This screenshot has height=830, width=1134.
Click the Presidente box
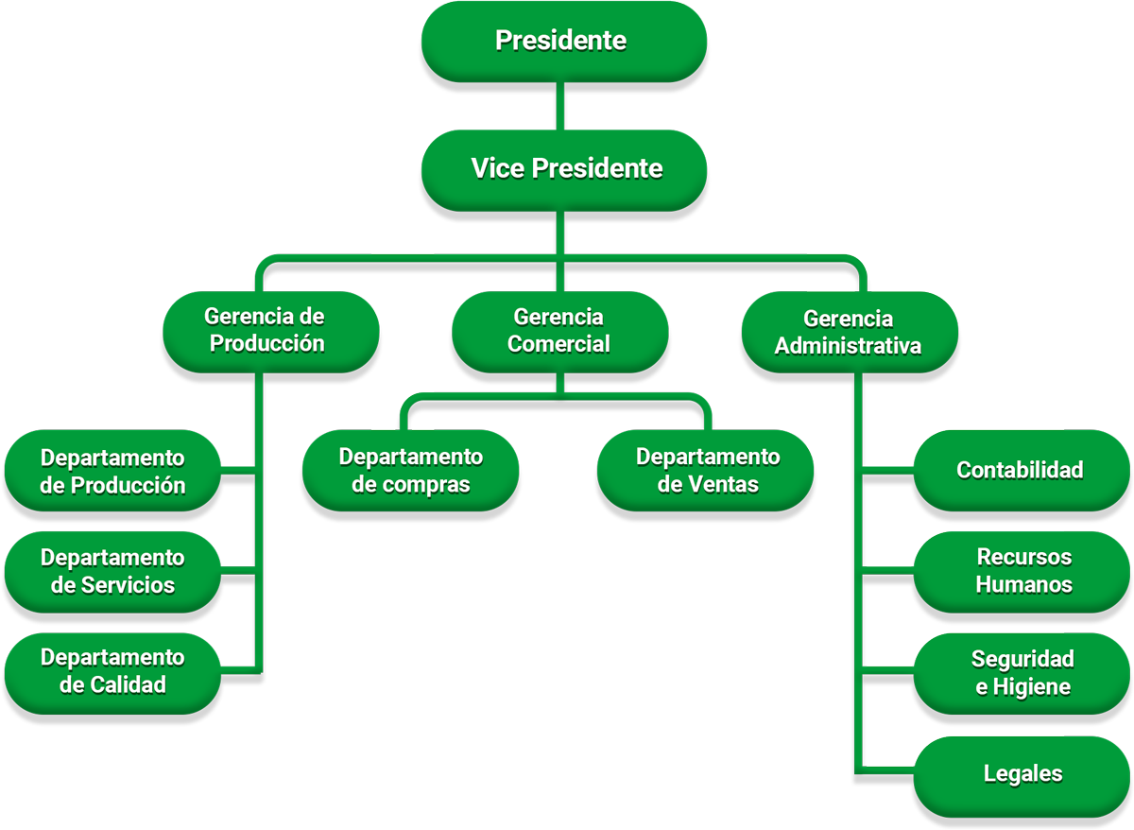(562, 41)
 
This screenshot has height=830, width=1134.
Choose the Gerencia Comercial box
(559, 330)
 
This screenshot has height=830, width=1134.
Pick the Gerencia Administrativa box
(848, 332)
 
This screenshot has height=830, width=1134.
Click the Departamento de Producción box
(112, 471)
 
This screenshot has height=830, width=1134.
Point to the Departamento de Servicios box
(112, 571)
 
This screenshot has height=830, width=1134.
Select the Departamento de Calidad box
(112, 671)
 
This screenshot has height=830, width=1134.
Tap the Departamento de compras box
(410, 470)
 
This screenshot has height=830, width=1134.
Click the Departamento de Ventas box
(706, 470)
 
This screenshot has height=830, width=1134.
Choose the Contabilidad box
(1021, 470)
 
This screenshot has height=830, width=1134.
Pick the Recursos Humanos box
(1023, 571)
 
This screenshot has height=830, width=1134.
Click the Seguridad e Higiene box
(1023, 673)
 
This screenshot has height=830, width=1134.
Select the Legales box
(1023, 774)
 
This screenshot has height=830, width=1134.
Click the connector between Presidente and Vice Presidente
(562, 106)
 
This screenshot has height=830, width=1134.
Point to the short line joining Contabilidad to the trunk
(888, 469)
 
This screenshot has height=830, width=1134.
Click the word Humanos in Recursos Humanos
(1023, 584)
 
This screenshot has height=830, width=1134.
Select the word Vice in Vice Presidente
(498, 169)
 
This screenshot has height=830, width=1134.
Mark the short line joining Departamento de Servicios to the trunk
(238, 570)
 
